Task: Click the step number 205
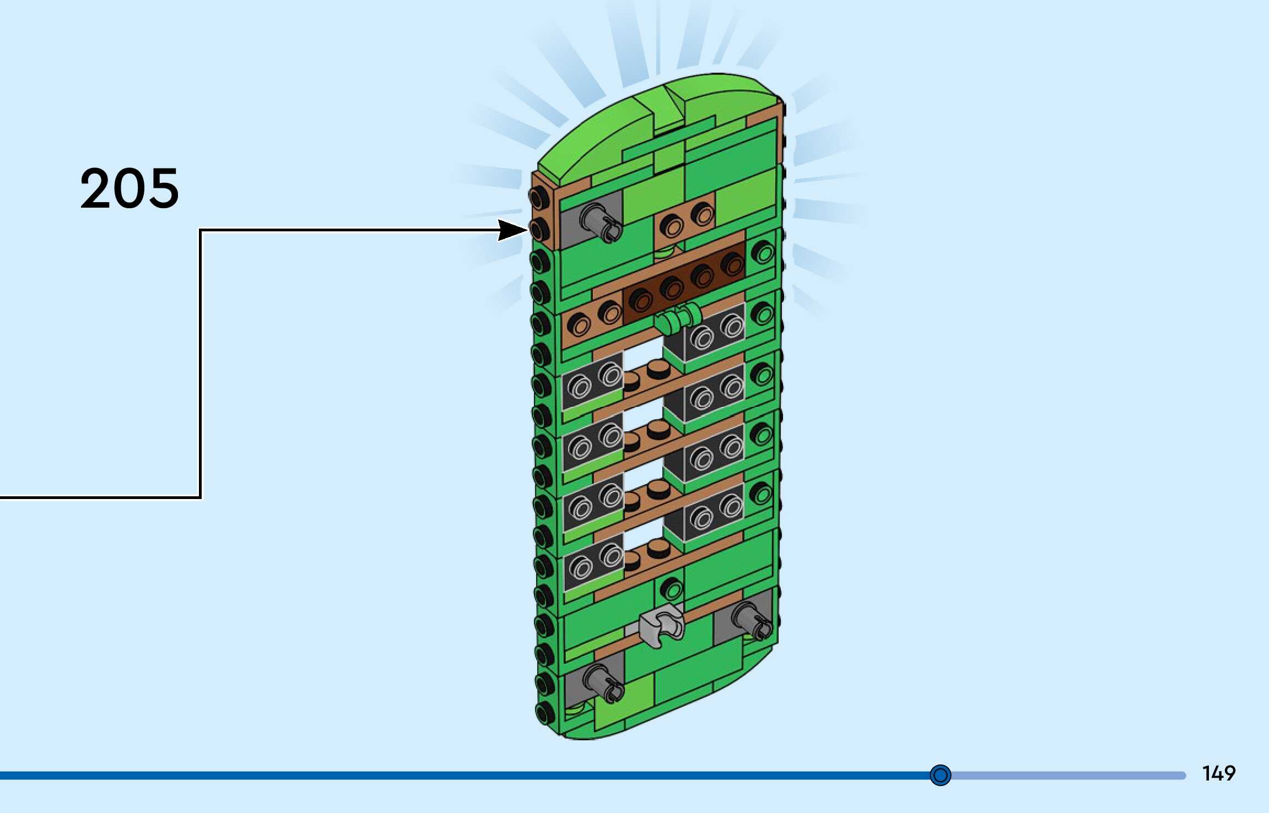[x=129, y=188]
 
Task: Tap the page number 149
[x=1218, y=773]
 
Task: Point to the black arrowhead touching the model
[x=511, y=230]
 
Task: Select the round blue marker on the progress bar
[x=940, y=775]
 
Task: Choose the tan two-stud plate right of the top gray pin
[x=687, y=219]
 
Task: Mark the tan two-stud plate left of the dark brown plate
[x=593, y=319]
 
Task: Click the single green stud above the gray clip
[x=671, y=589]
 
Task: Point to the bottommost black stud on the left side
[x=545, y=713]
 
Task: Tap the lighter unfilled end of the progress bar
[x=1069, y=775]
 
